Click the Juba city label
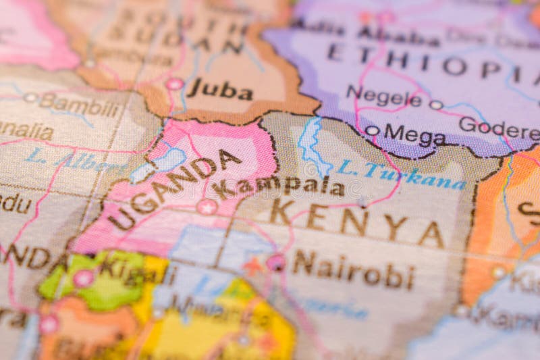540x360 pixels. pos(219,90)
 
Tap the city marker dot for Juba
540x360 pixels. pos(175,84)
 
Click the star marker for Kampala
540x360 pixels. pos(207,207)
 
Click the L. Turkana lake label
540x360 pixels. pos(401,175)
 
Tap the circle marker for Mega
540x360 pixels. pos(372,130)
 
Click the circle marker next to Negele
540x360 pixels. pos(436,105)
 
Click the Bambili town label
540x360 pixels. pos(79,105)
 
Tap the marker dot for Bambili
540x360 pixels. pos(30,97)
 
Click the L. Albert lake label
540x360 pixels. pos(74,161)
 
